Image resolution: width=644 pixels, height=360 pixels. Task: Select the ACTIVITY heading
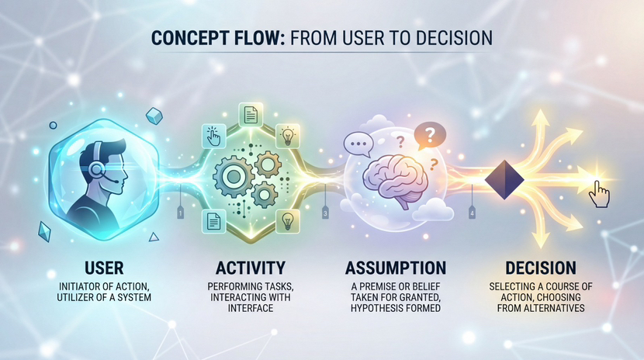pos(251,268)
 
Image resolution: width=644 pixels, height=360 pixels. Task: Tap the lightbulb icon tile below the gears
pos(287,220)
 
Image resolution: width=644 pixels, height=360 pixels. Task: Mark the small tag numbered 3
pos(325,211)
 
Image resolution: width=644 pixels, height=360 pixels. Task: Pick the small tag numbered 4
pos(471,212)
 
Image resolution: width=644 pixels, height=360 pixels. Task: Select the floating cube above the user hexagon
pos(155,116)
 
